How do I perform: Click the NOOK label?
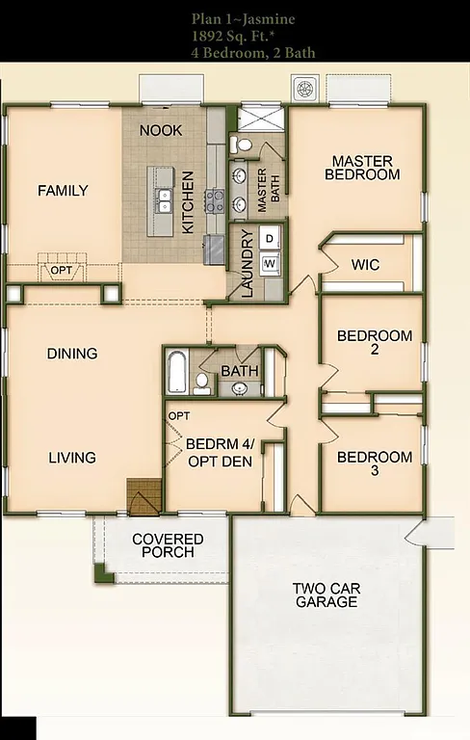tap(161, 130)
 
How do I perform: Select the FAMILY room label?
tap(63, 191)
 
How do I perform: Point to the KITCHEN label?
tap(189, 203)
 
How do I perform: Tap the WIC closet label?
tap(365, 264)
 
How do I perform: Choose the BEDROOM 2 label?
tap(375, 343)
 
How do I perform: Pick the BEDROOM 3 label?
tap(375, 463)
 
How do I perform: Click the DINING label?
tap(72, 354)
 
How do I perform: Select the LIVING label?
tap(72, 457)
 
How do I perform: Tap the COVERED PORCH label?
tap(168, 545)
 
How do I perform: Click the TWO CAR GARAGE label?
tap(326, 595)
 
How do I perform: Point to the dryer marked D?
tap(271, 238)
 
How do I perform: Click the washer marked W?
tap(271, 262)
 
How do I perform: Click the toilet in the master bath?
tap(243, 145)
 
